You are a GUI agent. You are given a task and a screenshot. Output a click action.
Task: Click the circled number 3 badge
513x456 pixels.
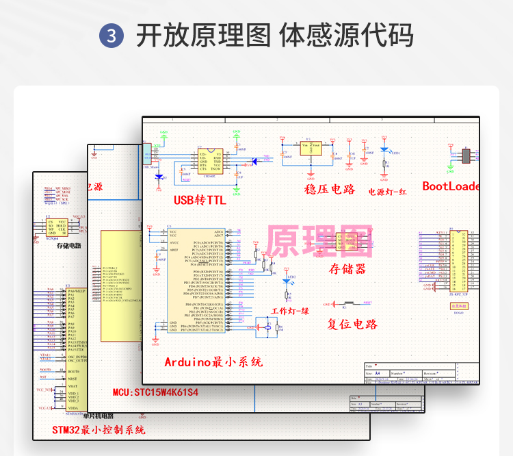[x=111, y=36]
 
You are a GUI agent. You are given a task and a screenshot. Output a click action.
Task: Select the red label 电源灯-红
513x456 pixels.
[x=388, y=192]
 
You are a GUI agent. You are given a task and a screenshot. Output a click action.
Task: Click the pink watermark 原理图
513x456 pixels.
[x=319, y=242]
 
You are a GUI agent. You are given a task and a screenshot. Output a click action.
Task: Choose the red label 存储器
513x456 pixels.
[x=348, y=268]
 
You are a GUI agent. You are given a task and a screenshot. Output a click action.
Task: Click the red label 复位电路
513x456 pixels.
[x=352, y=324]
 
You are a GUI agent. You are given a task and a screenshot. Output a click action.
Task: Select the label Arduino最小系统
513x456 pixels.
[x=213, y=362]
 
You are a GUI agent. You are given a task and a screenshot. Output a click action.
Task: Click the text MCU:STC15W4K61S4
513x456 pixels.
[x=155, y=392]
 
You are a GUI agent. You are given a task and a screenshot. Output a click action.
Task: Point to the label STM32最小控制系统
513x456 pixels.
[x=98, y=430]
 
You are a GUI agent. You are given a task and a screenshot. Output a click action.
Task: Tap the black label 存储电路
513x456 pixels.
[x=68, y=244]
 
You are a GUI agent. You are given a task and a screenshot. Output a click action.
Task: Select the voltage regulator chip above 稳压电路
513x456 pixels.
[x=311, y=148]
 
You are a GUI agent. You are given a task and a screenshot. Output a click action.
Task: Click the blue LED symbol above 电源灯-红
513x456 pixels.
[x=384, y=151]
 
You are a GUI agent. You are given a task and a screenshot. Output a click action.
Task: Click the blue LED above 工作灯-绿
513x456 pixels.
[x=287, y=280]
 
